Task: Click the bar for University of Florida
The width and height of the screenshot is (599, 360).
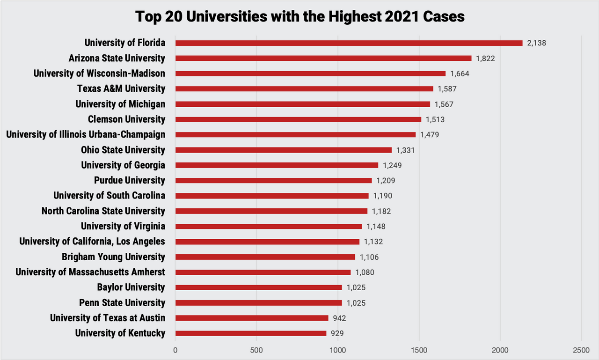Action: (x=349, y=43)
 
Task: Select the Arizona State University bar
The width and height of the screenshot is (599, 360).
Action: (x=323, y=59)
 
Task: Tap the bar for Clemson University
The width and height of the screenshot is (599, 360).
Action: (x=298, y=119)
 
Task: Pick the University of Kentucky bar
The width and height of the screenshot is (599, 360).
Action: (x=251, y=333)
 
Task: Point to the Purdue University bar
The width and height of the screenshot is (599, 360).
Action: (x=273, y=181)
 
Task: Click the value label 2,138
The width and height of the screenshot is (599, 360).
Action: (x=536, y=43)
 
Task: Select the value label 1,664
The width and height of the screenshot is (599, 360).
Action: (x=460, y=73)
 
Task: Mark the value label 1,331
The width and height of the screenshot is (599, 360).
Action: (x=405, y=150)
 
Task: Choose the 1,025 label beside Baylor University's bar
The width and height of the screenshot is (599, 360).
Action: (x=356, y=287)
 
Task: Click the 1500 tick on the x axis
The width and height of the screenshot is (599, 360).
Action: (x=419, y=351)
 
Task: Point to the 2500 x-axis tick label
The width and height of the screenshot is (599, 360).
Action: (x=581, y=351)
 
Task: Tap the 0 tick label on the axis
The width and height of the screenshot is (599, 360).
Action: (x=175, y=351)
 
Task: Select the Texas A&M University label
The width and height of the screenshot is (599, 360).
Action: (x=121, y=88)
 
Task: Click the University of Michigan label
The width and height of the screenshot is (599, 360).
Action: (x=120, y=104)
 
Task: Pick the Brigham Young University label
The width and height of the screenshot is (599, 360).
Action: (x=113, y=257)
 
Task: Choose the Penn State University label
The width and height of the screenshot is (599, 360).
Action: (x=122, y=303)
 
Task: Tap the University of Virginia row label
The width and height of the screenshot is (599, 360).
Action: (x=123, y=227)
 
